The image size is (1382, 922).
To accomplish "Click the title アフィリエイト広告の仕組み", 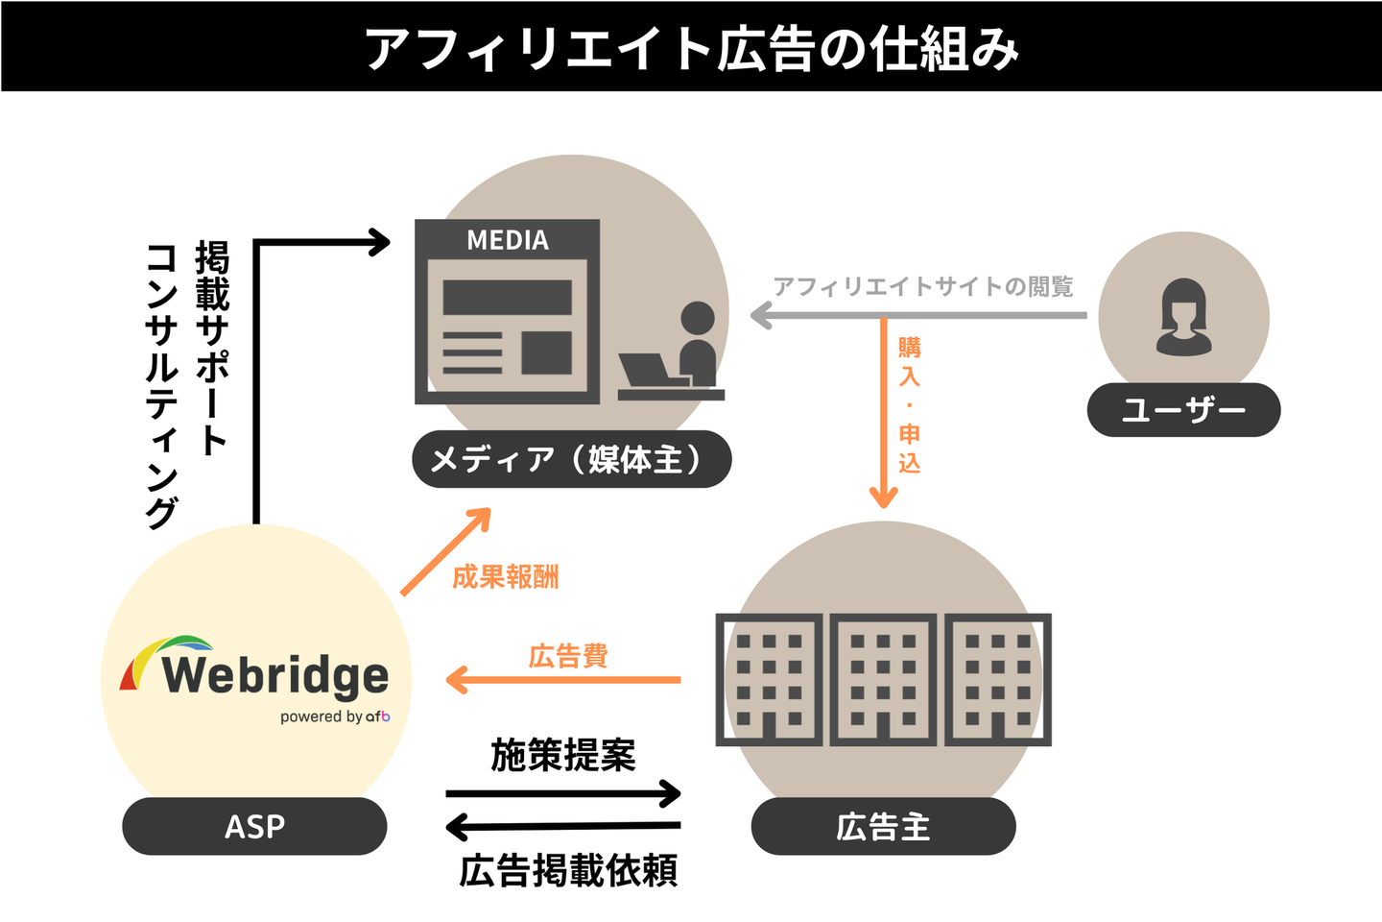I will coord(691,48).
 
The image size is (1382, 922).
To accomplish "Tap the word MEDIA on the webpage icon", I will coord(508,240).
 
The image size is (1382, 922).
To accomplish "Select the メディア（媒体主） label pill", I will coord(572,460).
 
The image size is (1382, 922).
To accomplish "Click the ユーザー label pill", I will coord(1183,410).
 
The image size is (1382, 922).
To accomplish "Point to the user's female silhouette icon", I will coord(1183,317).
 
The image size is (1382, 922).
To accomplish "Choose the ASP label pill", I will coord(254,826).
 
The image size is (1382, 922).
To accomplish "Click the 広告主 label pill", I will coord(883,826).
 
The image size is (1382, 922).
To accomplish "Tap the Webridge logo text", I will coord(274,674).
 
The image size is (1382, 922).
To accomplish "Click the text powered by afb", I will coord(335,716).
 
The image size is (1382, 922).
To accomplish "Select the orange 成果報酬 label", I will coord(505,576).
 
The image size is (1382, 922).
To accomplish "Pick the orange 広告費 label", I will coord(568,656).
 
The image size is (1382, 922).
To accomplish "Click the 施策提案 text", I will coord(563,756).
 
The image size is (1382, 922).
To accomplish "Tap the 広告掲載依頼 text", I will coord(568,870).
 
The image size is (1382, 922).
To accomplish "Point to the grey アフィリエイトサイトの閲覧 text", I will coord(923,286).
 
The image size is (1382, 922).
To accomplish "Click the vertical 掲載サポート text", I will coord(212,347).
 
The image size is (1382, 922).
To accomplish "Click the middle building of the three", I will coord(883,680).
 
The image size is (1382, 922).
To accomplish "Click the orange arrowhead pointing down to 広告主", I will coord(883,497).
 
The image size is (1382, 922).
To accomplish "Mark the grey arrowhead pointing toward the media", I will coord(762,315).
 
